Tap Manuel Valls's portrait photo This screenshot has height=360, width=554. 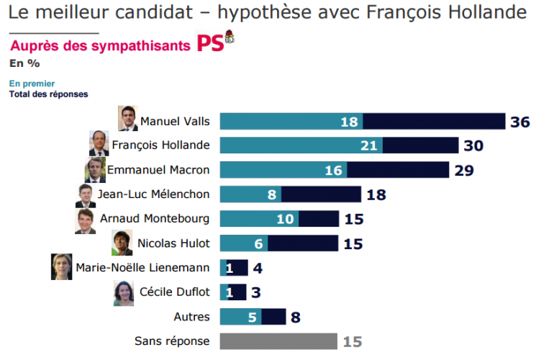[128, 120]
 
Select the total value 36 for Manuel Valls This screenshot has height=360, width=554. [519, 122]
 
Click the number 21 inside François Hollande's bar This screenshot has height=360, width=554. [369, 146]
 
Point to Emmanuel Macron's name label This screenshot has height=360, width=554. [158, 170]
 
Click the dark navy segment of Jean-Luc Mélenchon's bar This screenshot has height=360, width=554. [321, 194]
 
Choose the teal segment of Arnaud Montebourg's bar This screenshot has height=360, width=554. [258, 219]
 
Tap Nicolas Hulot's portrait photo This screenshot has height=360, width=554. [121, 243]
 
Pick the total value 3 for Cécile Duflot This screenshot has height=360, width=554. [257, 292]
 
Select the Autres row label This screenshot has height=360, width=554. [192, 317]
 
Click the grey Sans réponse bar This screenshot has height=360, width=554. [278, 341]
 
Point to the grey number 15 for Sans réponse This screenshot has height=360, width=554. [353, 341]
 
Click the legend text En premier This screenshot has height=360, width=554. [32, 84]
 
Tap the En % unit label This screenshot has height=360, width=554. [24, 63]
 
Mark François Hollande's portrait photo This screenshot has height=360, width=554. [98, 144]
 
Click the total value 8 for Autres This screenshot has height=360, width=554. [294, 317]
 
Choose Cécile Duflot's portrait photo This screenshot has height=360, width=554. [123, 292]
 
